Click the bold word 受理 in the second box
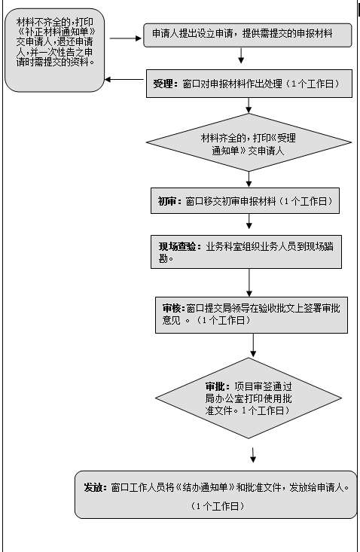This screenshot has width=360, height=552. pyautogui.click(x=163, y=84)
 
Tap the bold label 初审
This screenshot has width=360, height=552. pyautogui.click(x=166, y=201)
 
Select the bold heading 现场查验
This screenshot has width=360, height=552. pyautogui.click(x=177, y=246)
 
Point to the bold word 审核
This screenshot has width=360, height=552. pyautogui.click(x=172, y=309)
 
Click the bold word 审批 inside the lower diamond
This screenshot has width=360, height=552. pyautogui.click(x=215, y=386)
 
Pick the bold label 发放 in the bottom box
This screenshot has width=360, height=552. pyautogui.click(x=93, y=487)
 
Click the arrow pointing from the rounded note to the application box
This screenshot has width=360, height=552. pyautogui.click(x=126, y=38)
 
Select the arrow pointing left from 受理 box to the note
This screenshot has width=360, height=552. pyautogui.click(x=124, y=79)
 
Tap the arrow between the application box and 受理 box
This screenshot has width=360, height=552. pyautogui.click(x=241, y=55)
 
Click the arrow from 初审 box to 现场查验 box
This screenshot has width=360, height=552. pyautogui.click(x=249, y=221)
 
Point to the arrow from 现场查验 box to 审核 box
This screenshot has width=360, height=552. pyautogui.click(x=249, y=282)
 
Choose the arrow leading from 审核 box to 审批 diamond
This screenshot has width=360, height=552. pyautogui.click(x=253, y=345)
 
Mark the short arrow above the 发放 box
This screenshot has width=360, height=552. pyautogui.click(x=253, y=455)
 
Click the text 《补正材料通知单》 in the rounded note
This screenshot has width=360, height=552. pyautogui.click(x=56, y=32)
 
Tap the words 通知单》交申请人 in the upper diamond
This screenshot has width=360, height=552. pyautogui.click(x=248, y=151)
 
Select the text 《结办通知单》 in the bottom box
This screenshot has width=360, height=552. pyautogui.click(x=205, y=487)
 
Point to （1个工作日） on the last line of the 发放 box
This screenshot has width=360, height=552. pyautogui.click(x=217, y=506)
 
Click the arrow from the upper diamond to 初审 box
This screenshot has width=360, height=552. pyautogui.click(x=249, y=179)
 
